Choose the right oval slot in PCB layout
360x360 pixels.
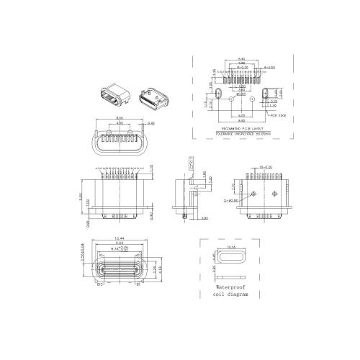(x=269, y=94)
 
